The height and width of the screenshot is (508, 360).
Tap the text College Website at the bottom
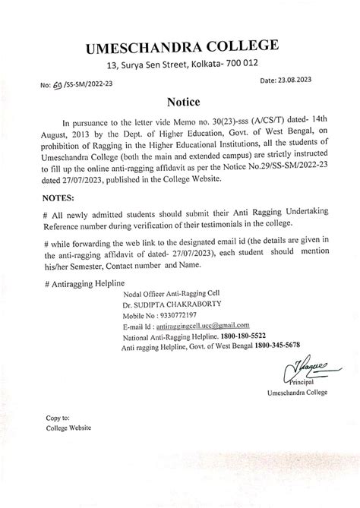[69, 428]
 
